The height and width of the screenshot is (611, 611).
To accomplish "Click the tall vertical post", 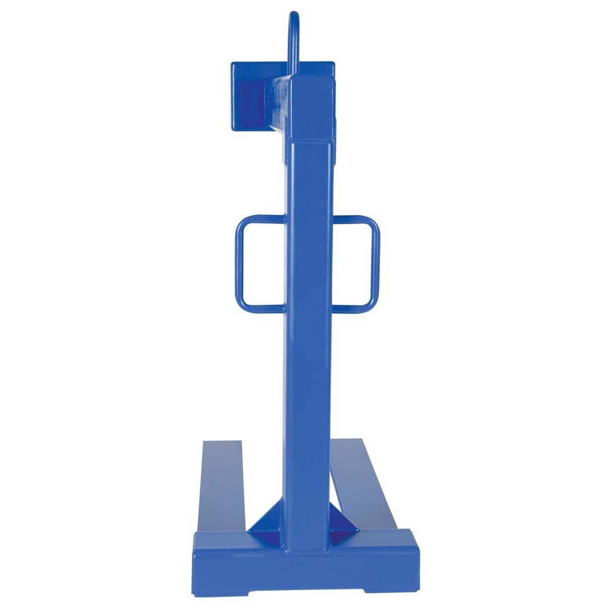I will [309, 336].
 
